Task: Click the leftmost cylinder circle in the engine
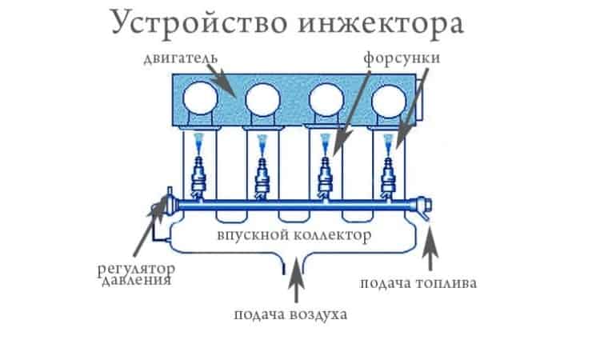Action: coord(198,100)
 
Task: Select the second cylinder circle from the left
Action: coord(262,100)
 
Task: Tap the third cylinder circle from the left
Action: coord(326,100)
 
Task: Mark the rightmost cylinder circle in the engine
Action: coord(389,100)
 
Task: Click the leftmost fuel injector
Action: coord(198,178)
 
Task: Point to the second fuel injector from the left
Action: coord(262,178)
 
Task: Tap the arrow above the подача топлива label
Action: coord(431,248)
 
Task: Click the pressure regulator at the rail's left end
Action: coord(167,206)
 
